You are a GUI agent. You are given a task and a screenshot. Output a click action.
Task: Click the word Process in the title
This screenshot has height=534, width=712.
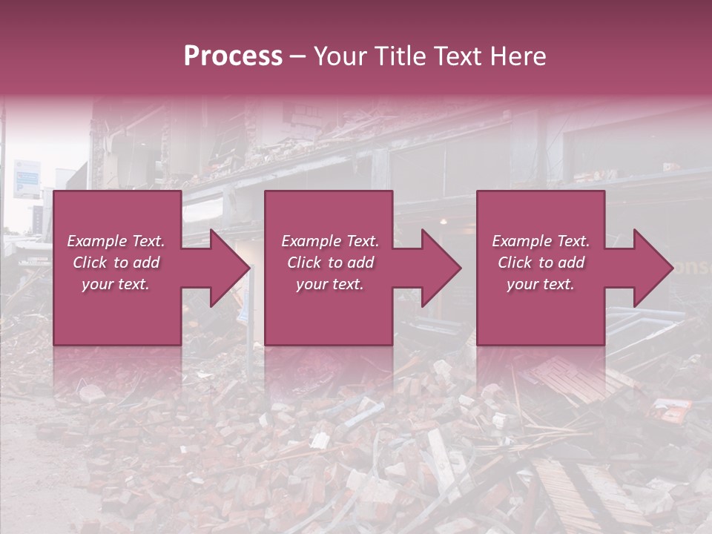point(233,56)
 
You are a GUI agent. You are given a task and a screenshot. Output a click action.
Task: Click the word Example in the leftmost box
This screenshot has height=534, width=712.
point(95,241)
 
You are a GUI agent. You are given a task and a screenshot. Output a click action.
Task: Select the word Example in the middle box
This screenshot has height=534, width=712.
point(309,241)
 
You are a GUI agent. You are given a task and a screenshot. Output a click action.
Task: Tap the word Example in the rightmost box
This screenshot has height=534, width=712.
point(520,241)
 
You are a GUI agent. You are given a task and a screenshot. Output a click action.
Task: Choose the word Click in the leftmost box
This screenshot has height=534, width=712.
point(90,263)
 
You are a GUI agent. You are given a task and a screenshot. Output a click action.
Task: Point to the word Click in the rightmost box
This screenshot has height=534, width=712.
point(515,263)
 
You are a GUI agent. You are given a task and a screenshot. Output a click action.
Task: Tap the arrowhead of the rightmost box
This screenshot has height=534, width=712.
point(652,268)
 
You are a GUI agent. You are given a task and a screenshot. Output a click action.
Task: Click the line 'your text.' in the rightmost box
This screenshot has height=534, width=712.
point(541,284)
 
